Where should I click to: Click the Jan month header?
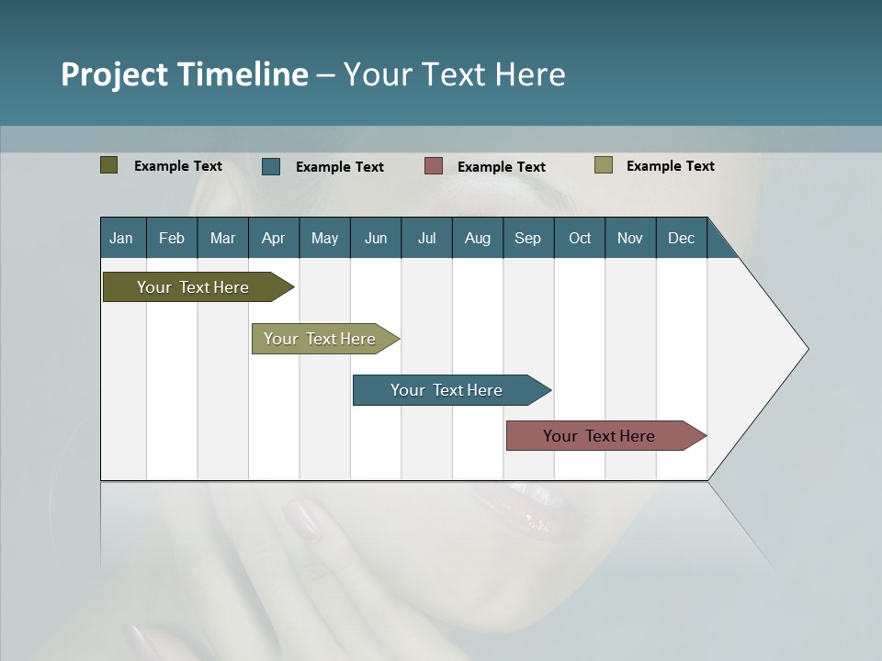coord(121,238)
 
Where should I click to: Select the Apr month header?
coord(273,238)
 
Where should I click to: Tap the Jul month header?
coord(426,238)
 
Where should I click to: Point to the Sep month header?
coord(527,238)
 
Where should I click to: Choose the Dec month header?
coord(681,238)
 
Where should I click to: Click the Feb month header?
coord(172,238)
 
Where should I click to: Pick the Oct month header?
coord(580,238)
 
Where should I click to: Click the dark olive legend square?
coord(108,165)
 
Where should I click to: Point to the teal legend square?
coord(271,166)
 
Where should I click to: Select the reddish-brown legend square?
coord(434,166)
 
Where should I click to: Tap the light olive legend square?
coord(603,165)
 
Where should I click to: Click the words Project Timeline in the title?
coord(184,74)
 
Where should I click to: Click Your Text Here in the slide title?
coord(454,74)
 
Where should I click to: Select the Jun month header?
coord(376,238)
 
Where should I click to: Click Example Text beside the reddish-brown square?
coord(501,167)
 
